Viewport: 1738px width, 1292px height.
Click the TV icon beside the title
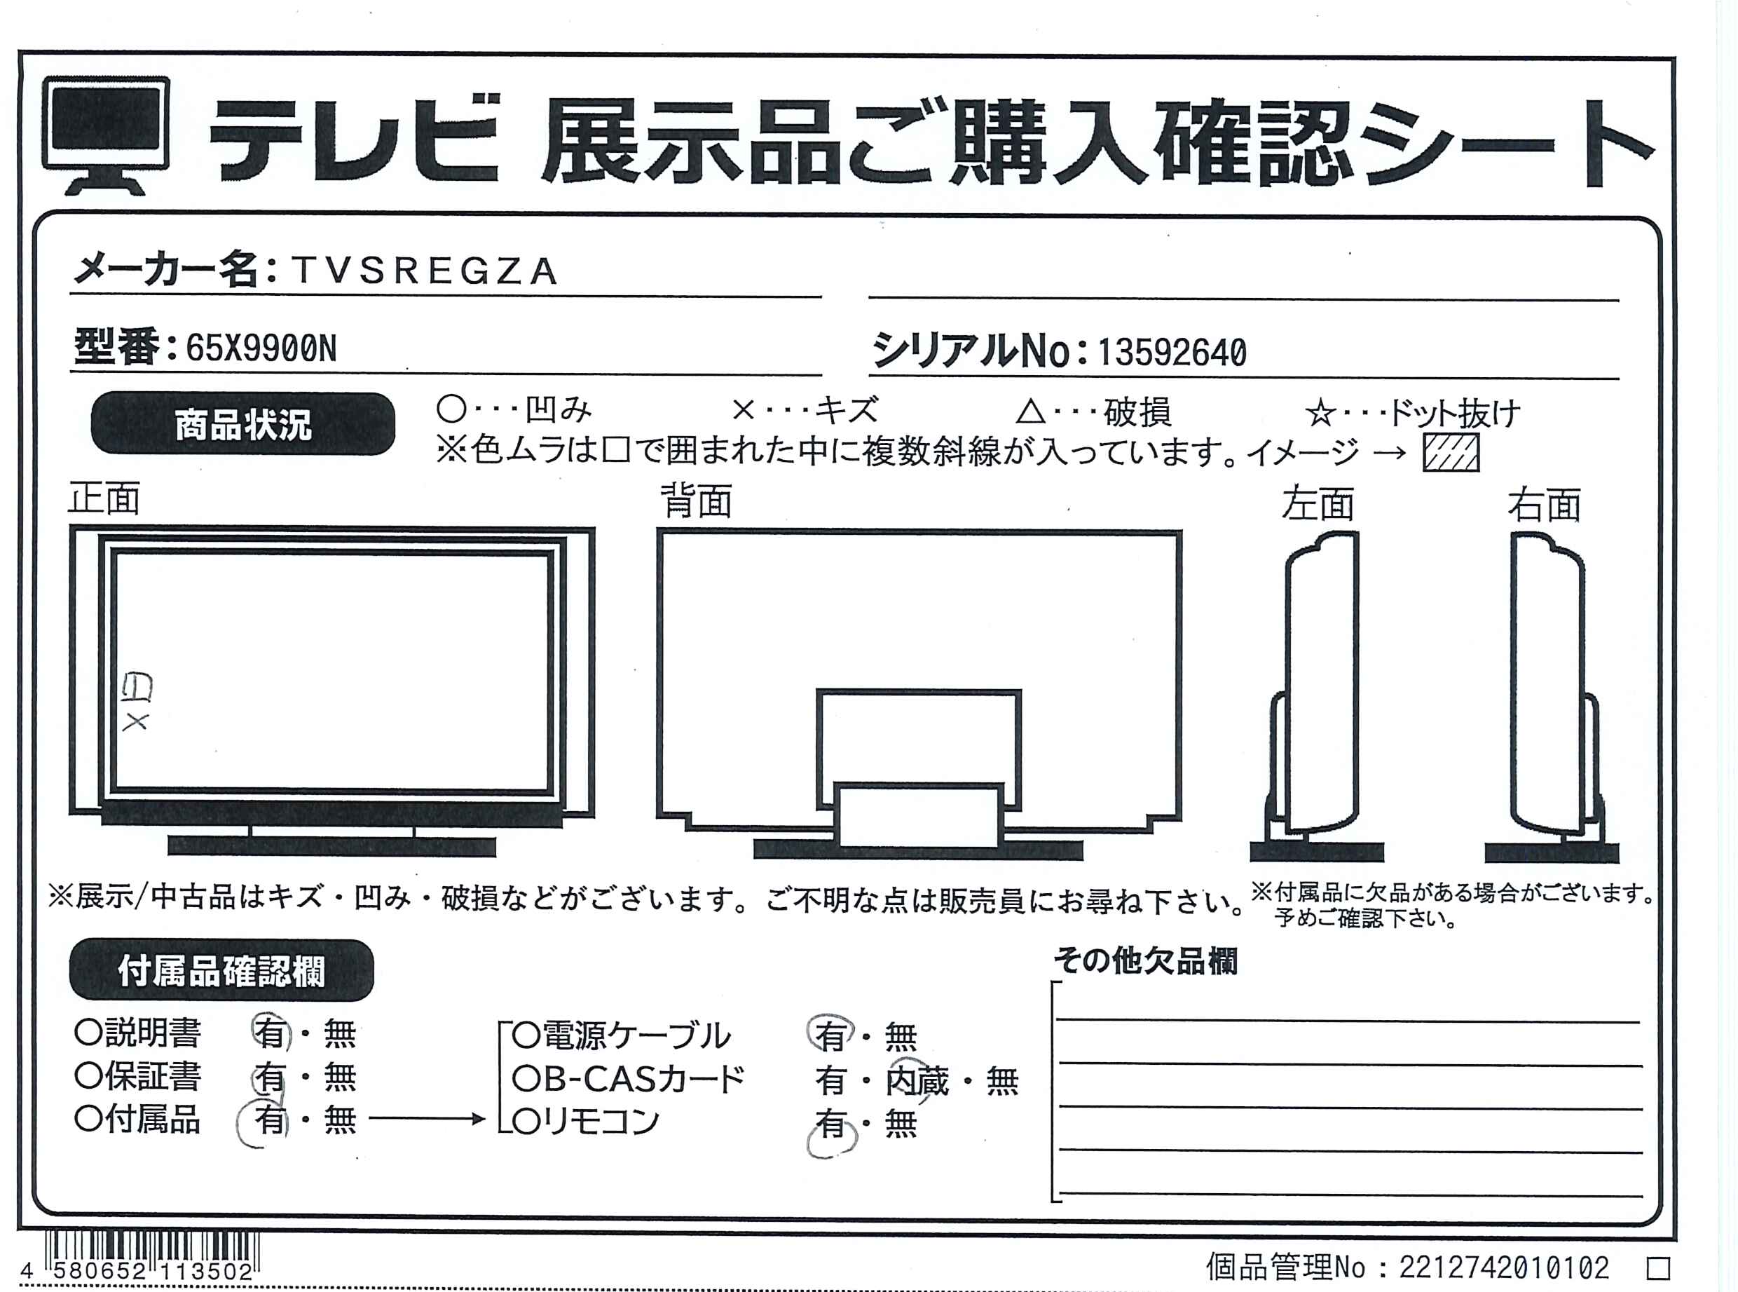point(106,135)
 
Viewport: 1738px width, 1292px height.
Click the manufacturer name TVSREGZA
point(425,271)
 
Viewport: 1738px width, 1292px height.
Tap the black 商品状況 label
point(243,424)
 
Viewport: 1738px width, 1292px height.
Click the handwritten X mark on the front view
point(135,722)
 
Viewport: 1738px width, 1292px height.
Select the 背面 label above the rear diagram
point(696,501)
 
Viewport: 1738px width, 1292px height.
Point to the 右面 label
point(1544,505)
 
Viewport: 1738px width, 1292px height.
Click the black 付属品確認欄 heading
point(221,970)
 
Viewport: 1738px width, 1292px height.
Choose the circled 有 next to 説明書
point(271,1033)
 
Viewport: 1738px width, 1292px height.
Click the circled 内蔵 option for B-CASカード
point(917,1081)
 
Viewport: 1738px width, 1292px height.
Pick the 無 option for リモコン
point(901,1124)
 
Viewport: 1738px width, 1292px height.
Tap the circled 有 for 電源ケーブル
point(830,1035)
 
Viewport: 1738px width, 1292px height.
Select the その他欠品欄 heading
point(1145,961)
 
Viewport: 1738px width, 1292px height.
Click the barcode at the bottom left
point(151,1256)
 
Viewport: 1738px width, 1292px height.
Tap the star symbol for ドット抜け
point(1320,414)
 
